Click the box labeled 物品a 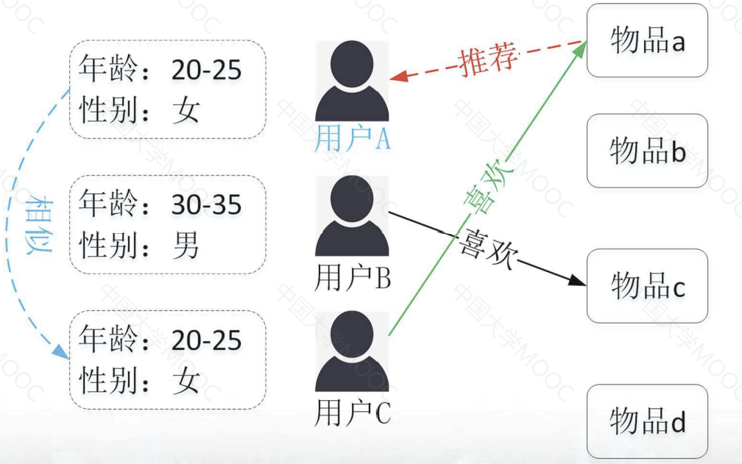[647, 41]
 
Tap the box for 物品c [647, 285]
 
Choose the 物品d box [647, 421]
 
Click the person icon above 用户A [352, 82]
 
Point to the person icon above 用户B [352, 217]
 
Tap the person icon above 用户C [352, 352]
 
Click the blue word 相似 [37, 225]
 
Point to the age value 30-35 [206, 205]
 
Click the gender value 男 [186, 246]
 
